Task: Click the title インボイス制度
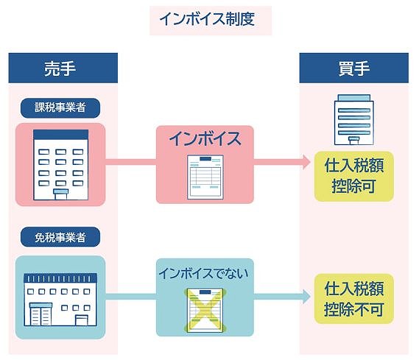(x=207, y=19)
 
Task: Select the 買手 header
(x=353, y=68)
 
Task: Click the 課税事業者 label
(x=60, y=108)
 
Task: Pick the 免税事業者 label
(x=60, y=237)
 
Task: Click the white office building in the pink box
(x=60, y=165)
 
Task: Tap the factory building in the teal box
(x=60, y=300)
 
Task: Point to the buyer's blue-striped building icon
(x=353, y=120)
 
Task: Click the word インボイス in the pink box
(x=205, y=139)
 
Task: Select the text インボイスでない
(x=204, y=273)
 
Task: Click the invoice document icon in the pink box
(x=205, y=177)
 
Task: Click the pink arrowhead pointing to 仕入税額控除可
(x=306, y=162)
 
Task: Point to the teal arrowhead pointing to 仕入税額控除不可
(x=306, y=297)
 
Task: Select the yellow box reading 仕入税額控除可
(x=353, y=176)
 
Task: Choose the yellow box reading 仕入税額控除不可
(x=353, y=299)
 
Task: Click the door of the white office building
(x=61, y=194)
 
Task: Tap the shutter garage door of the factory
(x=41, y=314)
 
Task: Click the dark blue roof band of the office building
(x=61, y=135)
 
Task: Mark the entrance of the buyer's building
(x=353, y=141)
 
